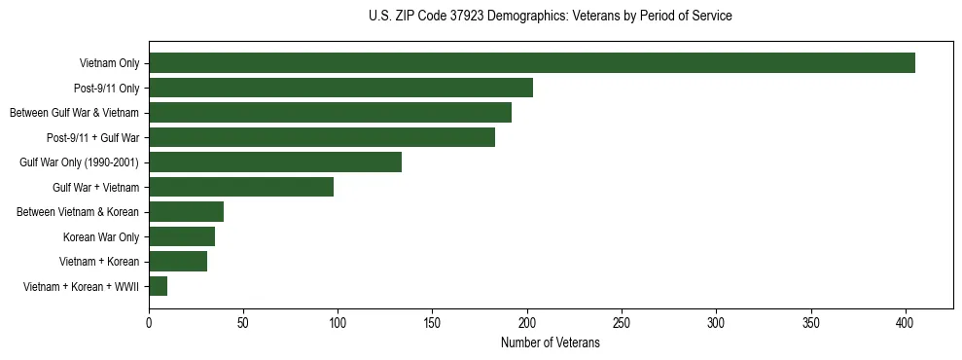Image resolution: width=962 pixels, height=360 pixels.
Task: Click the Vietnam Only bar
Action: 532,63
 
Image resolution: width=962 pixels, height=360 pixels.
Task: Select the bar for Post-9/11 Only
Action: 340,88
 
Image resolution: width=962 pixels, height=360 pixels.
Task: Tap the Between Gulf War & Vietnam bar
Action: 330,113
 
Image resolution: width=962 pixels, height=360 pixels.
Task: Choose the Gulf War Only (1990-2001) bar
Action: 275,162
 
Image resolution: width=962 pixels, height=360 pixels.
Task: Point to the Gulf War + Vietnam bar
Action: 241,187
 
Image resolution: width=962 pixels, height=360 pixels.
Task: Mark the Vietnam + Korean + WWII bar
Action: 158,286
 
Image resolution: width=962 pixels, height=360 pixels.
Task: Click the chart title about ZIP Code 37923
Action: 551,17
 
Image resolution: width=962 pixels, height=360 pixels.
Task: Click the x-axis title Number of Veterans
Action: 551,343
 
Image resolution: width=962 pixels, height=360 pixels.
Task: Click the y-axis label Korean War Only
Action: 101,236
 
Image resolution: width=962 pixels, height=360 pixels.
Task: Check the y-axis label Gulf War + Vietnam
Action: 96,187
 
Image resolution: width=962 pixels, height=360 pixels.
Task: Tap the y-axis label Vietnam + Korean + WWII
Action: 81,286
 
